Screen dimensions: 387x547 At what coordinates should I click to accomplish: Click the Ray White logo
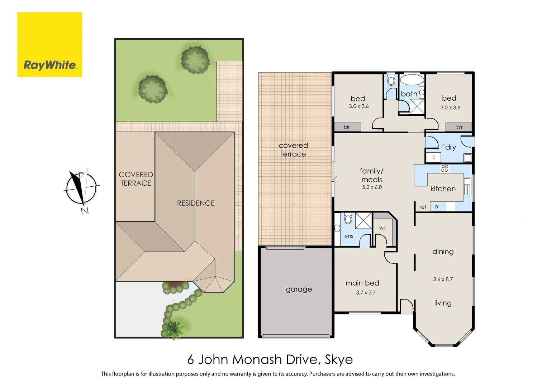pyautogui.click(x=49, y=45)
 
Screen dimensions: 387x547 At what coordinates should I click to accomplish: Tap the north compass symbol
pyautogui.click(x=81, y=188)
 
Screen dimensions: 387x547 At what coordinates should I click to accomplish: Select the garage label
pyautogui.click(x=299, y=289)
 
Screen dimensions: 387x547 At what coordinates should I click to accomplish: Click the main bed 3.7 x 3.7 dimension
pyautogui.click(x=366, y=293)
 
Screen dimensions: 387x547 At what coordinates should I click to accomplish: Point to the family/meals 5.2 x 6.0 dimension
pyautogui.click(x=372, y=187)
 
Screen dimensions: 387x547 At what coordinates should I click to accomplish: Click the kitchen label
pyautogui.click(x=443, y=189)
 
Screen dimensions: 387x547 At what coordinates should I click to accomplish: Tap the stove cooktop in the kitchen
pyautogui.click(x=444, y=168)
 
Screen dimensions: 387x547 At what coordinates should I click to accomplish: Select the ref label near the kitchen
pyautogui.click(x=423, y=207)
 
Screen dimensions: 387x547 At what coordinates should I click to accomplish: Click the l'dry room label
pyautogui.click(x=448, y=147)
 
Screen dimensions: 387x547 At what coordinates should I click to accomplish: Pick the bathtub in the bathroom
pyautogui.click(x=412, y=80)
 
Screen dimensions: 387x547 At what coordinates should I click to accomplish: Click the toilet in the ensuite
pyautogui.click(x=348, y=218)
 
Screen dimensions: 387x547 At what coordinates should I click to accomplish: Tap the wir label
pyautogui.click(x=382, y=228)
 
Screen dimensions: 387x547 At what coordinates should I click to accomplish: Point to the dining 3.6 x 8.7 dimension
pyautogui.click(x=443, y=279)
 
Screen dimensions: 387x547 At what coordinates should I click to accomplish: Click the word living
pyautogui.click(x=443, y=303)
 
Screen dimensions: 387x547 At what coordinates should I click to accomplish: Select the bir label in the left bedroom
pyautogui.click(x=347, y=127)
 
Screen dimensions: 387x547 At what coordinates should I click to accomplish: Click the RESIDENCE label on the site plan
pyautogui.click(x=196, y=203)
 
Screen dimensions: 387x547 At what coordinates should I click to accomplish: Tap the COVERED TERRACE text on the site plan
pyautogui.click(x=136, y=179)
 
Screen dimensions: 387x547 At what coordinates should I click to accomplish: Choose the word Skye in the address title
pyautogui.click(x=338, y=359)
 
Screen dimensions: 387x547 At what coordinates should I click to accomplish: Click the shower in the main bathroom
pyautogui.click(x=417, y=106)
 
